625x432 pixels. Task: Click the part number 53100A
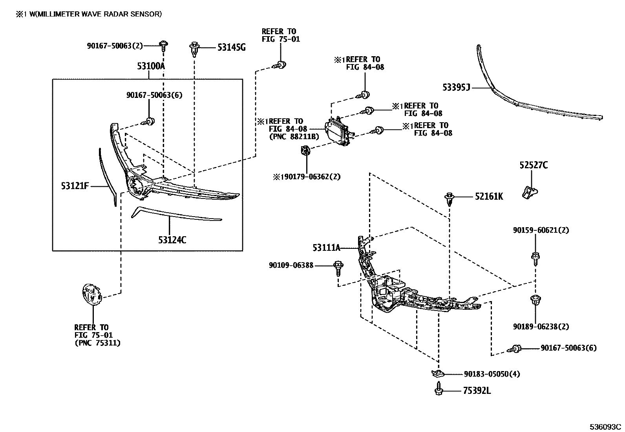coord(151,66)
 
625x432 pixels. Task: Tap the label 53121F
coord(75,186)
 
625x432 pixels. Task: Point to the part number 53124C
coord(172,239)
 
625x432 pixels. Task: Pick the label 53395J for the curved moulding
coord(456,88)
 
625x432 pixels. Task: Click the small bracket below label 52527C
coord(530,192)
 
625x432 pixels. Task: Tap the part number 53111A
coord(326,248)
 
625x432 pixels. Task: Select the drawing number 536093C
coord(605,427)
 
